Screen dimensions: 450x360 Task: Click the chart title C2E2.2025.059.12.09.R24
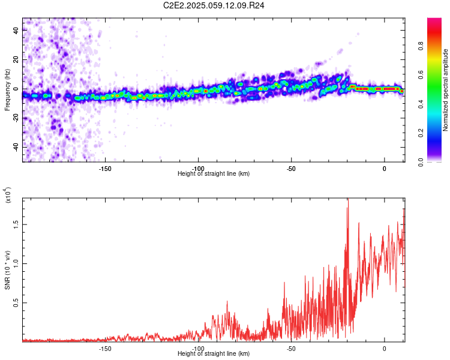coord(214,5)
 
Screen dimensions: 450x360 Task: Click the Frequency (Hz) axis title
coord(7,90)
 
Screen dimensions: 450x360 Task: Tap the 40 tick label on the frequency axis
coord(16,30)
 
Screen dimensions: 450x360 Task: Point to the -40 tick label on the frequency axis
coord(16,147)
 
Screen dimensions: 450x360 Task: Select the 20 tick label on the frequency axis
coord(16,59)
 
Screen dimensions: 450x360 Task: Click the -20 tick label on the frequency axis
coord(16,118)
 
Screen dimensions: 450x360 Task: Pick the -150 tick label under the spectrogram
coord(105,169)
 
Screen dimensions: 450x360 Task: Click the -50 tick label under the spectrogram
coord(291,169)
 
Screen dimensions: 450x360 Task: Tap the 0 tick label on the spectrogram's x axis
coord(384,169)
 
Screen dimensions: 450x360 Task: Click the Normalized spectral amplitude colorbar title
coord(445,90)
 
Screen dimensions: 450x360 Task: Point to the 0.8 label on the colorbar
coord(421,46)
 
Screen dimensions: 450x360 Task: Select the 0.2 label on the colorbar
coord(421,133)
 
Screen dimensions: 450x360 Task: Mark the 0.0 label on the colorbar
coord(421,162)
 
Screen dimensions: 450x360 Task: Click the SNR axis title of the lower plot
coord(8,270)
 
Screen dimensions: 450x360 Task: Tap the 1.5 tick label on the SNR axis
coord(16,224)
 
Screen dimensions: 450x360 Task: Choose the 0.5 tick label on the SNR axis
coord(16,302)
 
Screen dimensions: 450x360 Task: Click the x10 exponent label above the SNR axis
coord(8,195)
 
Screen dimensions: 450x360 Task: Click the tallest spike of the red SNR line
coord(348,199)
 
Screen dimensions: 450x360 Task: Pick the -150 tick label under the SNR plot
coord(105,349)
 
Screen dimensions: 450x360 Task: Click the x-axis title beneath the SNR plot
coord(214,353)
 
